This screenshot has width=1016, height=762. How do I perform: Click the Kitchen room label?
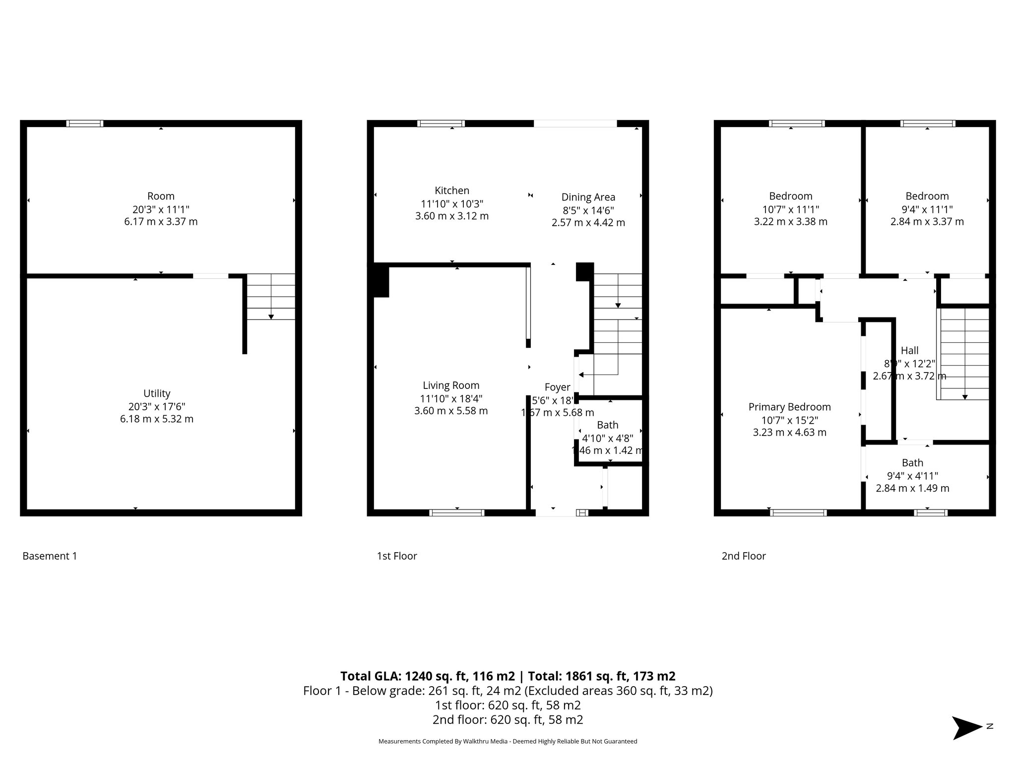(451, 190)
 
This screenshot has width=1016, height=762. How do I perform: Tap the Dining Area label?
(588, 197)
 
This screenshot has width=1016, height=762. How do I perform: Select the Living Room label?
(451, 385)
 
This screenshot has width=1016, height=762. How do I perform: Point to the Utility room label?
(157, 393)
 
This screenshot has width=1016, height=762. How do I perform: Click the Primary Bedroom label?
(789, 407)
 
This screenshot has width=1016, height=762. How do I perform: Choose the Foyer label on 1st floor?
(557, 387)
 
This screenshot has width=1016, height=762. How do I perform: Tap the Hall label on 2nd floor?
(909, 351)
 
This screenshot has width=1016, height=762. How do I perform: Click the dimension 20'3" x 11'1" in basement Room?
(161, 209)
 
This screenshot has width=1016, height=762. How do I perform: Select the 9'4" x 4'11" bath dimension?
(912, 476)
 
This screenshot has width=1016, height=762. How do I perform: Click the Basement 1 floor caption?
(50, 556)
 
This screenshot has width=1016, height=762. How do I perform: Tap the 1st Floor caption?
(397, 556)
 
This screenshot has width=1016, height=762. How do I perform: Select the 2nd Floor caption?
(744, 556)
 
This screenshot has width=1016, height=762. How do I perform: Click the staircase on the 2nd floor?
(963, 353)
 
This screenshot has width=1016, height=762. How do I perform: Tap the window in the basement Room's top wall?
(85, 124)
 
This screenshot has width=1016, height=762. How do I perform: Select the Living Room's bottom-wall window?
(456, 513)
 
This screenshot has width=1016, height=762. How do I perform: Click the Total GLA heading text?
(508, 676)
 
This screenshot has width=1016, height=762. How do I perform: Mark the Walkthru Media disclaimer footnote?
(508, 741)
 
